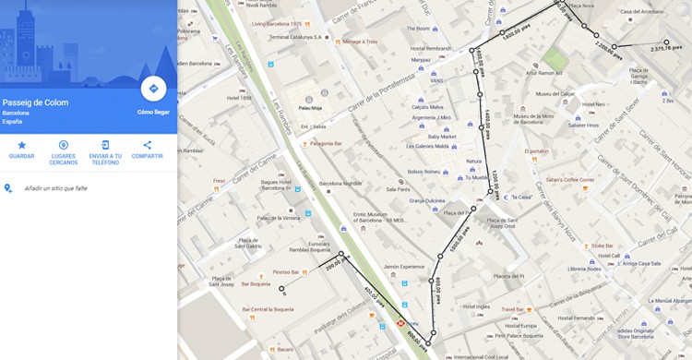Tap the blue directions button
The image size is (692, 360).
click(153, 89)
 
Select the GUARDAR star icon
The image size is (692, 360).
click(22, 145)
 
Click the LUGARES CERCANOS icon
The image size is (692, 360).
click(64, 145)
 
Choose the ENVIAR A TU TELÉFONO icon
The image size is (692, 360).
click(105, 145)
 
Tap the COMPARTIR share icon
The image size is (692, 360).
click(147, 145)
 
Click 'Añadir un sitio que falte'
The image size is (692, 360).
click(55, 187)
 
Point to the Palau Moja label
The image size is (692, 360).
click(323, 107)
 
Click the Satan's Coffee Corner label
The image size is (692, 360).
click(569, 179)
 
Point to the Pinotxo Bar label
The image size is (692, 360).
click(287, 272)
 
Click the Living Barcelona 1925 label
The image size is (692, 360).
click(277, 23)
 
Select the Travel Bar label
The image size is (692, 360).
click(513, 309)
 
